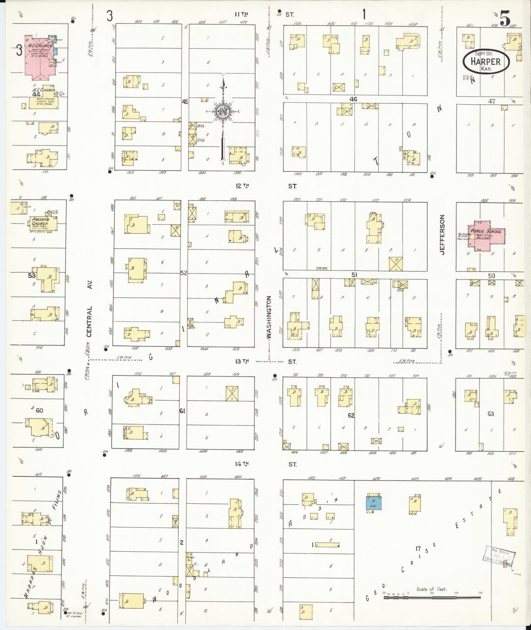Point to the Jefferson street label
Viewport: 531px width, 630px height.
click(442, 234)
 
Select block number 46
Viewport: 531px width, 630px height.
click(353, 99)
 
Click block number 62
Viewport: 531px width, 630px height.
click(351, 416)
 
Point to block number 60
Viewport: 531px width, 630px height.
click(39, 410)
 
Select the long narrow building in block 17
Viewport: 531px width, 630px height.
click(327, 545)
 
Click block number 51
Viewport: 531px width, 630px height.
click(354, 275)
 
